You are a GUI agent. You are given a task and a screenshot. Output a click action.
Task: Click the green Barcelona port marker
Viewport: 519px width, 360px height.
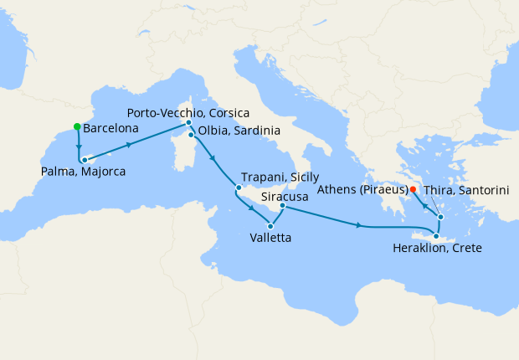(77, 127)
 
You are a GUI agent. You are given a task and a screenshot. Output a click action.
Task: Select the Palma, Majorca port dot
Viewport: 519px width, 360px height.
(84, 159)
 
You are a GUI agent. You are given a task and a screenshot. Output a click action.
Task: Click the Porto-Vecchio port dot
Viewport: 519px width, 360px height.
(189, 123)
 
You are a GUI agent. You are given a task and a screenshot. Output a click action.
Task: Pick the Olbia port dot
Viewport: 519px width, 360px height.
(192, 135)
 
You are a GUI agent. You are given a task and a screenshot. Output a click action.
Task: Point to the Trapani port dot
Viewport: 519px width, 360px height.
(239, 188)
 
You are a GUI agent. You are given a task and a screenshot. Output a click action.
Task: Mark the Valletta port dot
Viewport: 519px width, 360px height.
(270, 225)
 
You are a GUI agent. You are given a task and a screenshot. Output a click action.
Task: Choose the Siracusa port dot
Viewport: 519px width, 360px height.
(282, 206)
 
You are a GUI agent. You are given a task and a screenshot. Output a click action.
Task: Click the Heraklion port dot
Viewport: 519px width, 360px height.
(436, 236)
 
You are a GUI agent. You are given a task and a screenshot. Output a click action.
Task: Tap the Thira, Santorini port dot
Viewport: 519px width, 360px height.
(440, 217)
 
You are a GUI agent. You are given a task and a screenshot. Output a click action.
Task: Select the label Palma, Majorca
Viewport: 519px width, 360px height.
(83, 172)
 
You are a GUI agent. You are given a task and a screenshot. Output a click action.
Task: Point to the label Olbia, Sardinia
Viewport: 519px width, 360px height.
(239, 131)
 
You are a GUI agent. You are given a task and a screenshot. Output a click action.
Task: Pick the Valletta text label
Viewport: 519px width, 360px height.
(270, 238)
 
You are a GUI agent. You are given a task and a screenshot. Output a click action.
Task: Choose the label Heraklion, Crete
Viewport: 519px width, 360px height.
(439, 249)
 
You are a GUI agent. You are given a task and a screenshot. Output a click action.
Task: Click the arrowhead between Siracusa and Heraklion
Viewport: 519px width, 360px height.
(359, 225)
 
